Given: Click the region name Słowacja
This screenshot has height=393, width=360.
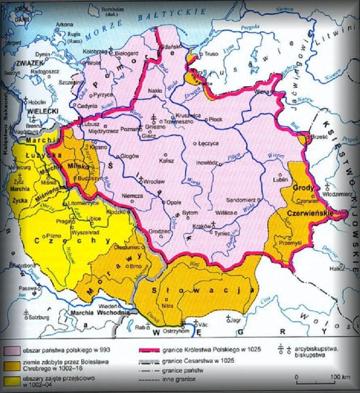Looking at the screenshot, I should click(x=208, y=289).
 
